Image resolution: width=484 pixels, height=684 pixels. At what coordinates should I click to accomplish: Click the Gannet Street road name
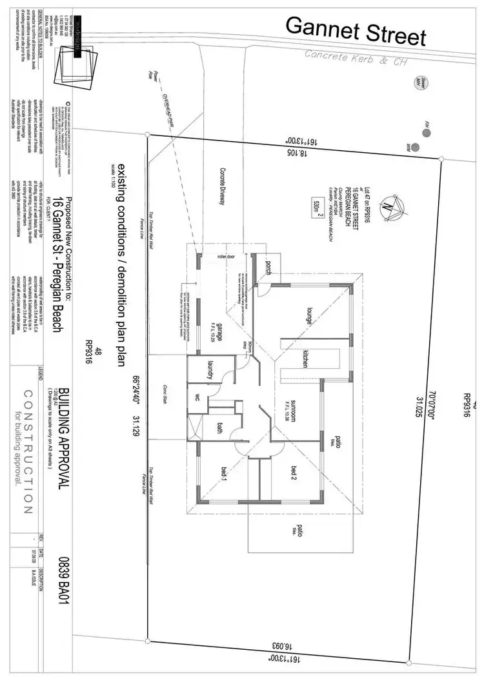click(356, 31)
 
